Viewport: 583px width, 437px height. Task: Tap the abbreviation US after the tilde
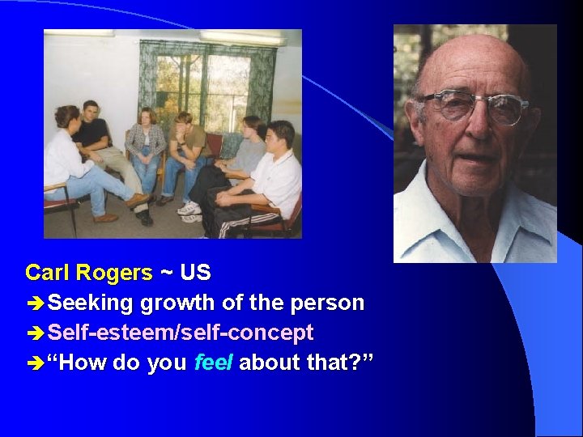pos(195,273)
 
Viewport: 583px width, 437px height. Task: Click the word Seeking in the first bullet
pos(91,303)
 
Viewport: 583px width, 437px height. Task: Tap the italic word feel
pos(214,363)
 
